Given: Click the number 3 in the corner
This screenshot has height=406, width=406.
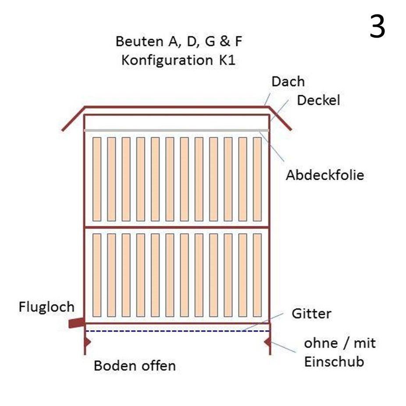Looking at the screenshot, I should click(377, 26).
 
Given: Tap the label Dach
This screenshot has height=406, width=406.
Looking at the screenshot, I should click(288, 82).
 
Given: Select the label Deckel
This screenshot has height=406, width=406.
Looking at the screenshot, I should click(318, 100).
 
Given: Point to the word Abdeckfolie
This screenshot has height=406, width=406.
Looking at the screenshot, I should click(325, 175).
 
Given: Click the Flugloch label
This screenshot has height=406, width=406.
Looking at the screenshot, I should click(46, 307).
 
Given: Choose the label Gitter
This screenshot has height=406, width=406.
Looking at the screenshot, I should click(311, 314).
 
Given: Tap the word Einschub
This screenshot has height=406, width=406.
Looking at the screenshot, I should click(334, 362).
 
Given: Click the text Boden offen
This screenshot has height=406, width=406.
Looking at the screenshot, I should click(135, 365).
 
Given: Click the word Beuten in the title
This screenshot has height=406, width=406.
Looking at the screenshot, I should click(136, 42).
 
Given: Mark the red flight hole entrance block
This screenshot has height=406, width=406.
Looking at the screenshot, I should click(76, 323).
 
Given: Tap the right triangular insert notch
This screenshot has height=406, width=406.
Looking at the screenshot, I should click(267, 341).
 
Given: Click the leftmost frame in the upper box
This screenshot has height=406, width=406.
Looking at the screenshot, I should click(97, 179).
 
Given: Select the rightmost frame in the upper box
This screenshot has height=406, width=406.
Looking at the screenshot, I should click(257, 179).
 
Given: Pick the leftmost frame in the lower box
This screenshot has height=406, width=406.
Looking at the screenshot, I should click(97, 275).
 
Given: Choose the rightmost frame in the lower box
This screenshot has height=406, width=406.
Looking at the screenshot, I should click(257, 275).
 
